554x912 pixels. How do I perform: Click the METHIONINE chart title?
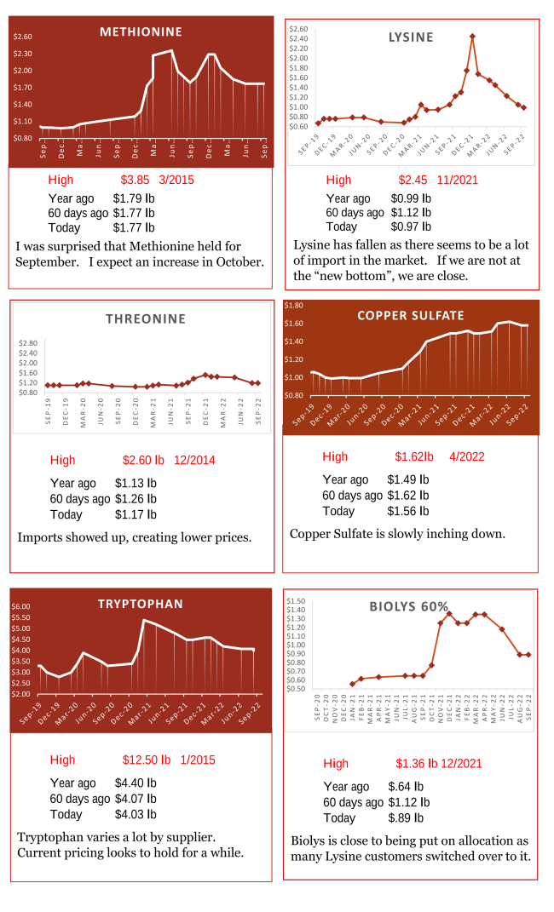click(x=141, y=32)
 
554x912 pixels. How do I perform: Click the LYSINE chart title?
click(x=411, y=37)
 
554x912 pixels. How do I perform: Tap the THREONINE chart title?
click(x=145, y=319)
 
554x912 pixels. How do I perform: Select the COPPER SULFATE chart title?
click(x=411, y=315)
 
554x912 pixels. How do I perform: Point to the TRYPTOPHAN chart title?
click(x=141, y=604)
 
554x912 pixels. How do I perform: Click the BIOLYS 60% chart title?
click(x=408, y=606)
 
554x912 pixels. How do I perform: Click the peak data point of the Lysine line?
click(x=472, y=36)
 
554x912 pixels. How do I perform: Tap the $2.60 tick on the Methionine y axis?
click(x=23, y=37)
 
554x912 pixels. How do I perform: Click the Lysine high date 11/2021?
click(x=457, y=180)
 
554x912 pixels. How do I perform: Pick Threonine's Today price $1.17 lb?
click(x=136, y=514)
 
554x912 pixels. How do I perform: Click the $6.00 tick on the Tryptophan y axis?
click(x=20, y=606)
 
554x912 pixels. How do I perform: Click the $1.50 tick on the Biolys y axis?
click(x=296, y=600)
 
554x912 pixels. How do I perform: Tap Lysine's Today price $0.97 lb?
click(x=411, y=227)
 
